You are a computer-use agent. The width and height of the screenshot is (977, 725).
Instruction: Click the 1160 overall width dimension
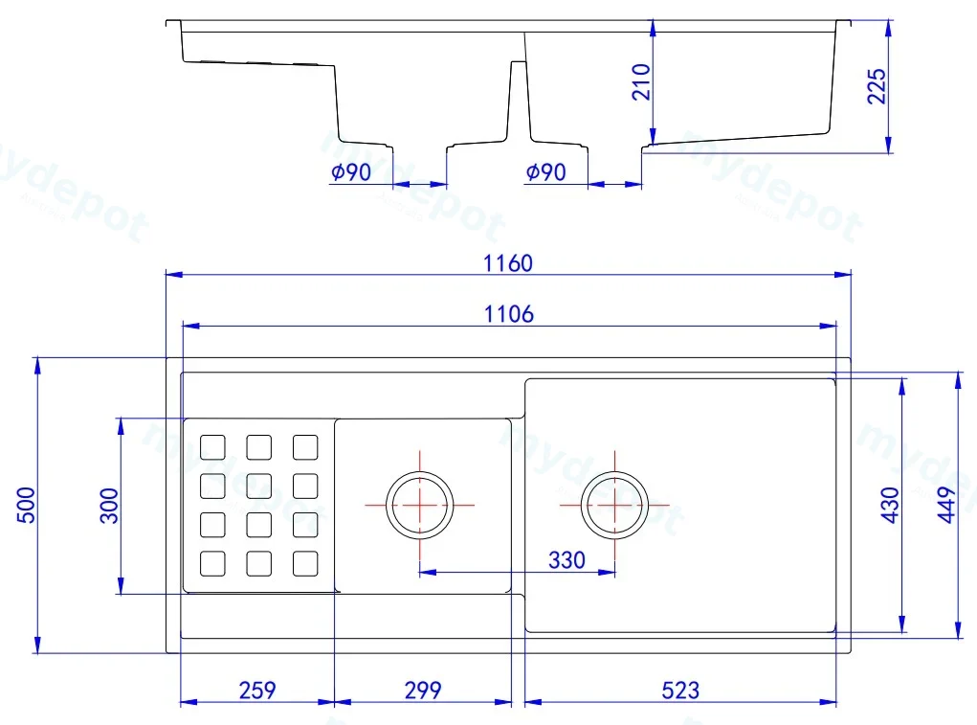[x=508, y=263]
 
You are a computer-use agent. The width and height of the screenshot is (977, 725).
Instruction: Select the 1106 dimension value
[x=509, y=313]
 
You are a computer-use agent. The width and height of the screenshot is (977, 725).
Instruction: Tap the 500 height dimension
[x=26, y=505]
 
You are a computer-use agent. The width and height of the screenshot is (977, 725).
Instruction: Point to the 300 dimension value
[x=109, y=506]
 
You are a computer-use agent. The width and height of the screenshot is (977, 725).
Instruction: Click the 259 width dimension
[x=257, y=691]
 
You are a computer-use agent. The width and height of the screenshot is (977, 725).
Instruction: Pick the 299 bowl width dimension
[x=423, y=691]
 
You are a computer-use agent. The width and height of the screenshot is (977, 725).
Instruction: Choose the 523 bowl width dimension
[x=680, y=691]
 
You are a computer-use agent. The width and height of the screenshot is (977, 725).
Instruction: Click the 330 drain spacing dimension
[x=567, y=560]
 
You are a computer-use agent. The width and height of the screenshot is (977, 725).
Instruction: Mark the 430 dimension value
[x=890, y=505]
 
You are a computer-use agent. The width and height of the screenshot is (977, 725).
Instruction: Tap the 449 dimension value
[x=946, y=505]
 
